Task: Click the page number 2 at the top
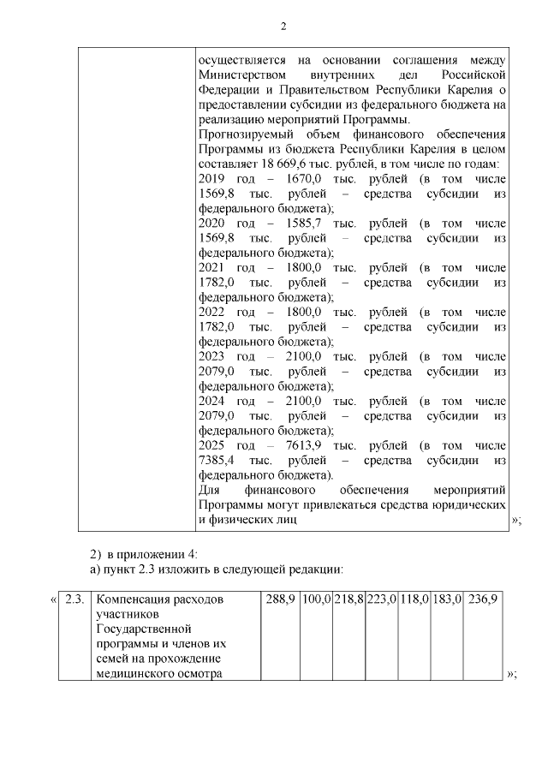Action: pos(283,27)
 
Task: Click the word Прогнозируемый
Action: pos(244,134)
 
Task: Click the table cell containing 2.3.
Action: pos(74,599)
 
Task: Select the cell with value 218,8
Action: pos(349,599)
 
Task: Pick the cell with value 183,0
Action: pos(447,599)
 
